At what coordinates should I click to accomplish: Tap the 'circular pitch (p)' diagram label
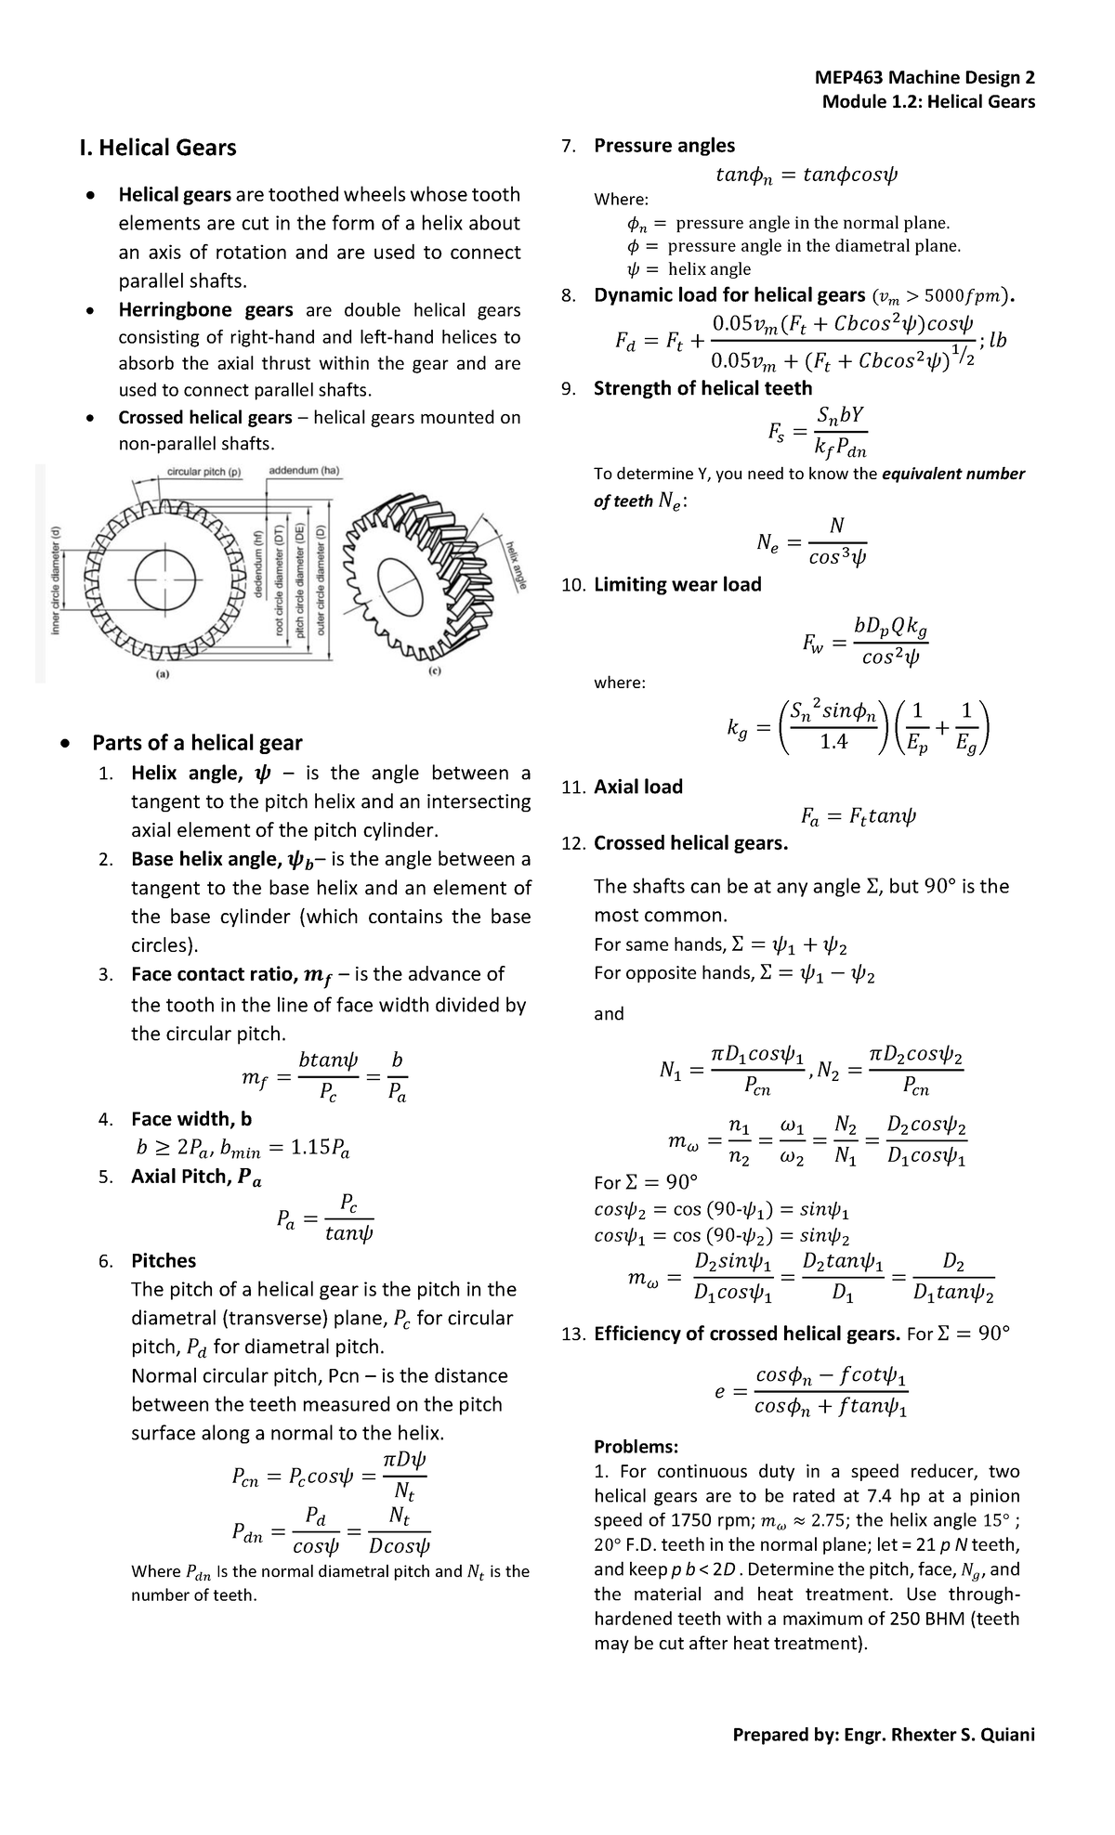tap(203, 471)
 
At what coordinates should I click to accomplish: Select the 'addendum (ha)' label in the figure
tap(305, 471)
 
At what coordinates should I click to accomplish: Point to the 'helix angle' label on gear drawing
tap(517, 563)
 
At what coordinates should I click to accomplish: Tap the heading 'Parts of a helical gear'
tap(197, 743)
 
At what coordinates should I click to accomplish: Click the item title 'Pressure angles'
tap(663, 145)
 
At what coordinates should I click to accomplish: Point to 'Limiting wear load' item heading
tap(676, 584)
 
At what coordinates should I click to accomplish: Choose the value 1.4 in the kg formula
tap(833, 741)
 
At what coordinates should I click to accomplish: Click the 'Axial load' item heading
tap(637, 787)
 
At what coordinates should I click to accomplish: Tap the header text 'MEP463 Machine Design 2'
tap(924, 78)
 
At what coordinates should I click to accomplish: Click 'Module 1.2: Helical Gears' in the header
tap(927, 101)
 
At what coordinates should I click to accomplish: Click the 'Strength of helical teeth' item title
tap(702, 388)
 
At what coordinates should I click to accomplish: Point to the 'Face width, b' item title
tap(191, 1118)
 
